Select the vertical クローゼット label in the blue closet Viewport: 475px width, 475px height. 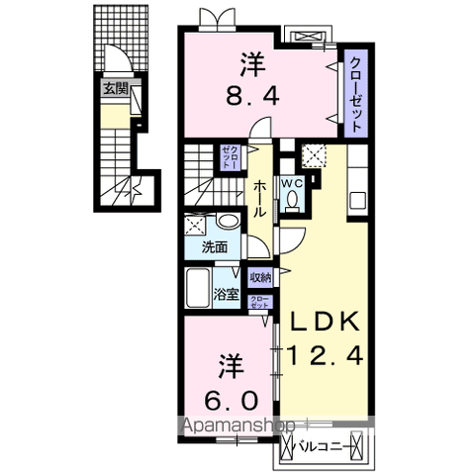point(352,90)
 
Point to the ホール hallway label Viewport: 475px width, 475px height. point(258,197)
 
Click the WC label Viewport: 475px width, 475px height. point(294,183)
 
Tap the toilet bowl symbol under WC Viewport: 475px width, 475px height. point(294,202)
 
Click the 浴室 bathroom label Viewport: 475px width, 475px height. point(225,293)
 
